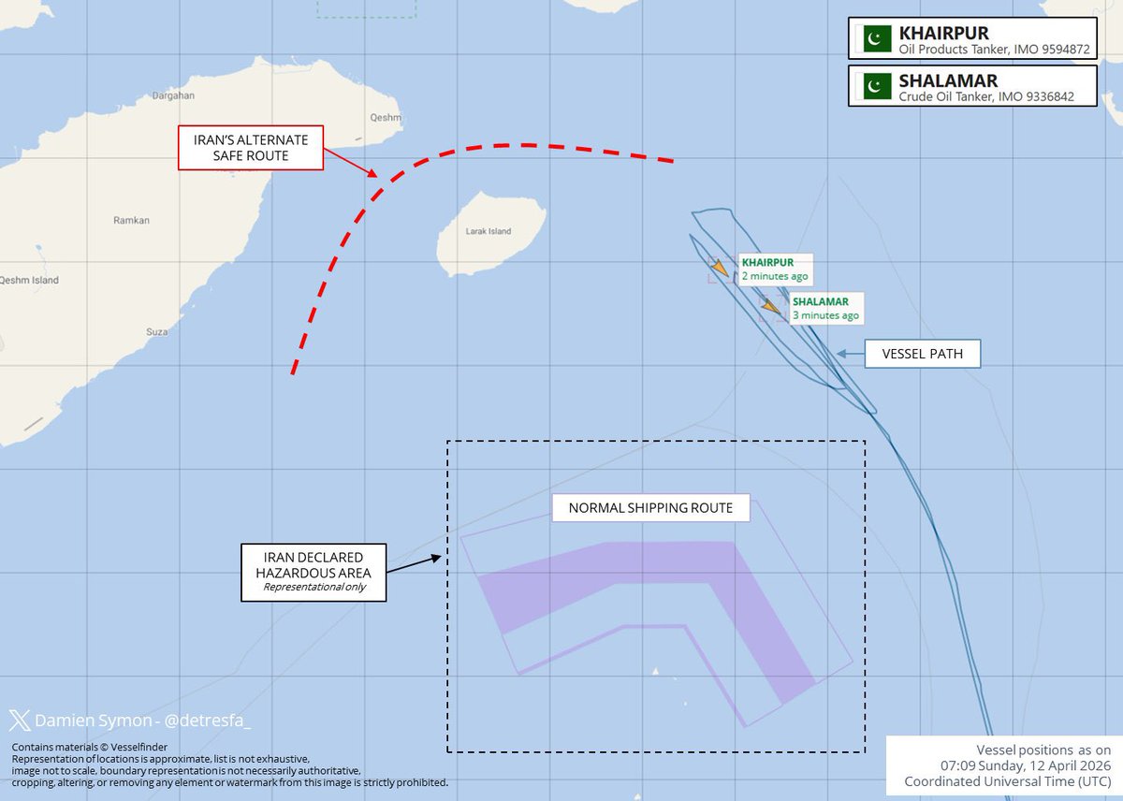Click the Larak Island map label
pos(487,232)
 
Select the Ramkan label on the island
pos(131,220)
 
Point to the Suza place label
pos(156,331)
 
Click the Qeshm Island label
pos(28,280)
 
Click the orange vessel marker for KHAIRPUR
pos(719,270)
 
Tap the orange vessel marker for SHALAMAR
pos(770,307)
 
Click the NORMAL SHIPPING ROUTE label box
pos(650,508)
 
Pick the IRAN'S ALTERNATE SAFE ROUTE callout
pos(250,148)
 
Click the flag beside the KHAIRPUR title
pos(875,38)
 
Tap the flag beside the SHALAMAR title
pos(875,86)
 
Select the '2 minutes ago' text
pos(774,277)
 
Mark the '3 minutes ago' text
pos(825,315)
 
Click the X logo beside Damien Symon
pos(20,721)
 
